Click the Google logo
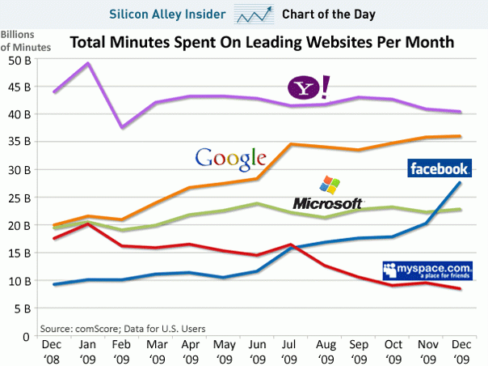[x=231, y=155]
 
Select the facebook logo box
[x=439, y=168]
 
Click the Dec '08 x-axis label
[x=53, y=351]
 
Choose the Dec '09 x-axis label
[x=460, y=351]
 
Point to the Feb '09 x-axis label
[x=121, y=351]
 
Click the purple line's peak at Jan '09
[x=87, y=63]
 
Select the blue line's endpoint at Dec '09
[x=460, y=183]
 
